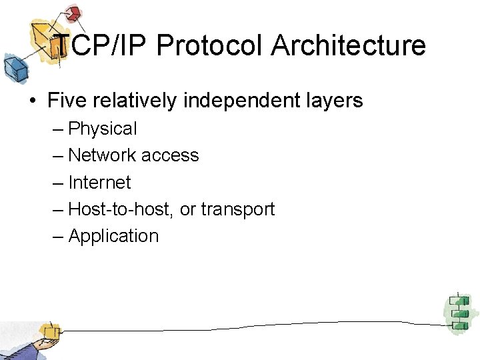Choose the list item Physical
[103, 129]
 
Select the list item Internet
[100, 182]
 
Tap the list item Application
[113, 236]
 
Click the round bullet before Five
[32, 101]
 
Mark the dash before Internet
[59, 183]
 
